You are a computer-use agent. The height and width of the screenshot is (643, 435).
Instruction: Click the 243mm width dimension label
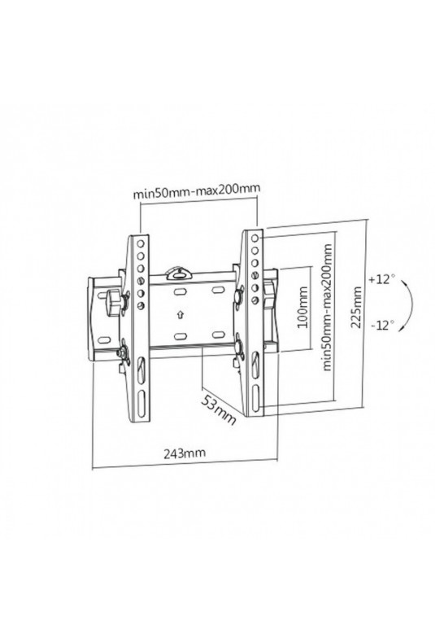[185, 453]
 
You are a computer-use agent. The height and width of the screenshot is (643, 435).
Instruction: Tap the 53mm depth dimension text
[219, 410]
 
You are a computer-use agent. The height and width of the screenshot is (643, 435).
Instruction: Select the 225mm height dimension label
[356, 307]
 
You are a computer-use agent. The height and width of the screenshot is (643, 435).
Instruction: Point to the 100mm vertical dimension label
[302, 307]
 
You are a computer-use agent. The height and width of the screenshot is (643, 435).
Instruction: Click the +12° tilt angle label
[382, 280]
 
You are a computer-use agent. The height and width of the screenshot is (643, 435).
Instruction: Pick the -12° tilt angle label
[383, 326]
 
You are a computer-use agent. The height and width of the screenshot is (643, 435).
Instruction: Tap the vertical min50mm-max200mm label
[327, 308]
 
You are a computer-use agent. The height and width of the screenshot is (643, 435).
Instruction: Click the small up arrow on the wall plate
[179, 315]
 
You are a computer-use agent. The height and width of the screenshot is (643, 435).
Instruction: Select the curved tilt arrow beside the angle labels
[411, 304]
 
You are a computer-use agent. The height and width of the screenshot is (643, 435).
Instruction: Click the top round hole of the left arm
[141, 244]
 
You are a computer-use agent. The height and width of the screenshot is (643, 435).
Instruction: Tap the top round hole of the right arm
[254, 238]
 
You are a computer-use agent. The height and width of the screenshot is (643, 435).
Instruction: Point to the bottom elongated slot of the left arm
[141, 404]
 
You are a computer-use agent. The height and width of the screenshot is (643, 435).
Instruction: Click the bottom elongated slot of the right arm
[255, 397]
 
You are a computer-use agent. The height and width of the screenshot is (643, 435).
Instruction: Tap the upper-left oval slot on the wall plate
[180, 292]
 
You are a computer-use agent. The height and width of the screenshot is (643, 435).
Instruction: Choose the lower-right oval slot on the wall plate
[217, 336]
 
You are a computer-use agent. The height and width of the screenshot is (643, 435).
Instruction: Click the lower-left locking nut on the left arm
[123, 353]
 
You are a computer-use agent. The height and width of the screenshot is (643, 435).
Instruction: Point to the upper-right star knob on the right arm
[237, 295]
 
